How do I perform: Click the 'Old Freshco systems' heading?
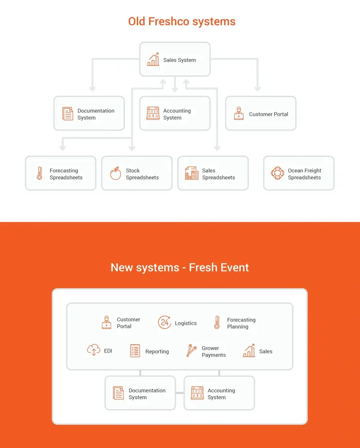[x=182, y=21]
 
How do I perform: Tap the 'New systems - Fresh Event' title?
[x=180, y=267]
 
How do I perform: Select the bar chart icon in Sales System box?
[x=153, y=59]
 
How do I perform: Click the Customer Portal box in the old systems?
[x=261, y=113]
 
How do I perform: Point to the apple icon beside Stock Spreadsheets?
[x=115, y=173]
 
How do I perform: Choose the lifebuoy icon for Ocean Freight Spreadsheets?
[x=277, y=173]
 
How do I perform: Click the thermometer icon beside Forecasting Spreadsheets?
[x=39, y=173]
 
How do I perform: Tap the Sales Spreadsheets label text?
[x=219, y=174]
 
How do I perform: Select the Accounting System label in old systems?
[x=177, y=114]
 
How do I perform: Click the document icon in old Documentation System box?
[x=68, y=114]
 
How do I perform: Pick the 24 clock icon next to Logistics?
[x=165, y=322]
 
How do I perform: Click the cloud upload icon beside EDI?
[x=94, y=350]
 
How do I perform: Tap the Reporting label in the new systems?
[x=157, y=352]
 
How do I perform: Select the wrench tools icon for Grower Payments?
[x=191, y=351]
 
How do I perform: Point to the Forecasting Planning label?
[x=242, y=323]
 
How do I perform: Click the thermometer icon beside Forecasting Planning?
[x=217, y=322]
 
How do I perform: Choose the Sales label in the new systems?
[x=265, y=352]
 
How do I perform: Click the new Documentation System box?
[x=140, y=393]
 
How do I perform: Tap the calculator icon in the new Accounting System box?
[x=197, y=393]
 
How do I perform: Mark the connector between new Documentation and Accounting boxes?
[x=180, y=393]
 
